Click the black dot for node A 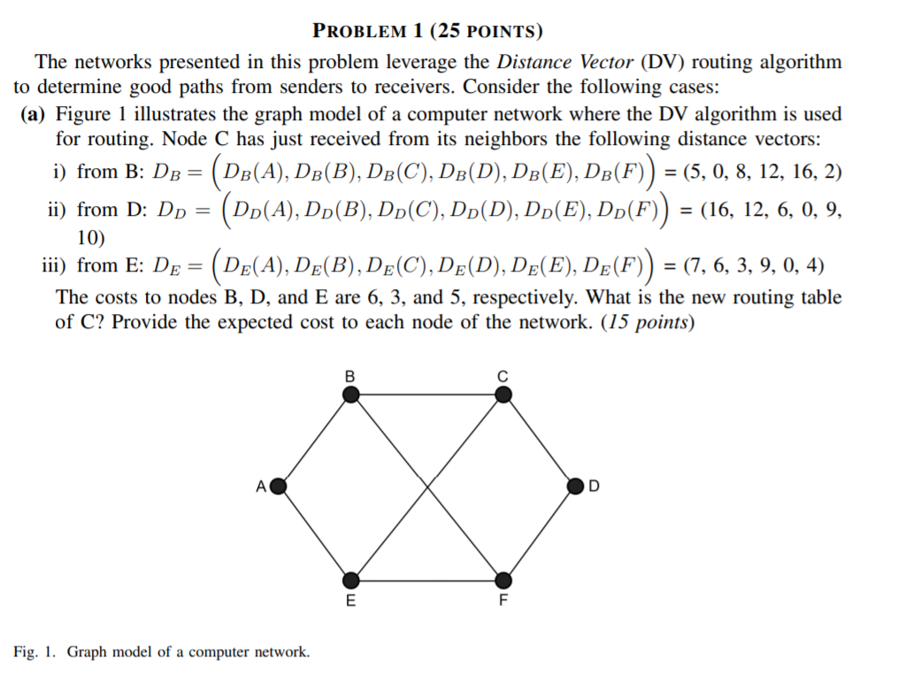pyautogui.click(x=278, y=486)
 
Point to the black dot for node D pyautogui.click(x=576, y=486)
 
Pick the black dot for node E pyautogui.click(x=352, y=580)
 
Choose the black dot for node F pyautogui.click(x=502, y=580)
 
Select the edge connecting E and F pyautogui.click(x=427, y=580)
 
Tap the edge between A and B pyautogui.click(x=315, y=440)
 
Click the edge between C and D pyautogui.click(x=540, y=440)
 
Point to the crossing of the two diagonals pyautogui.click(x=427, y=486)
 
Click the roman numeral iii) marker pyautogui.click(x=56, y=265)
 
